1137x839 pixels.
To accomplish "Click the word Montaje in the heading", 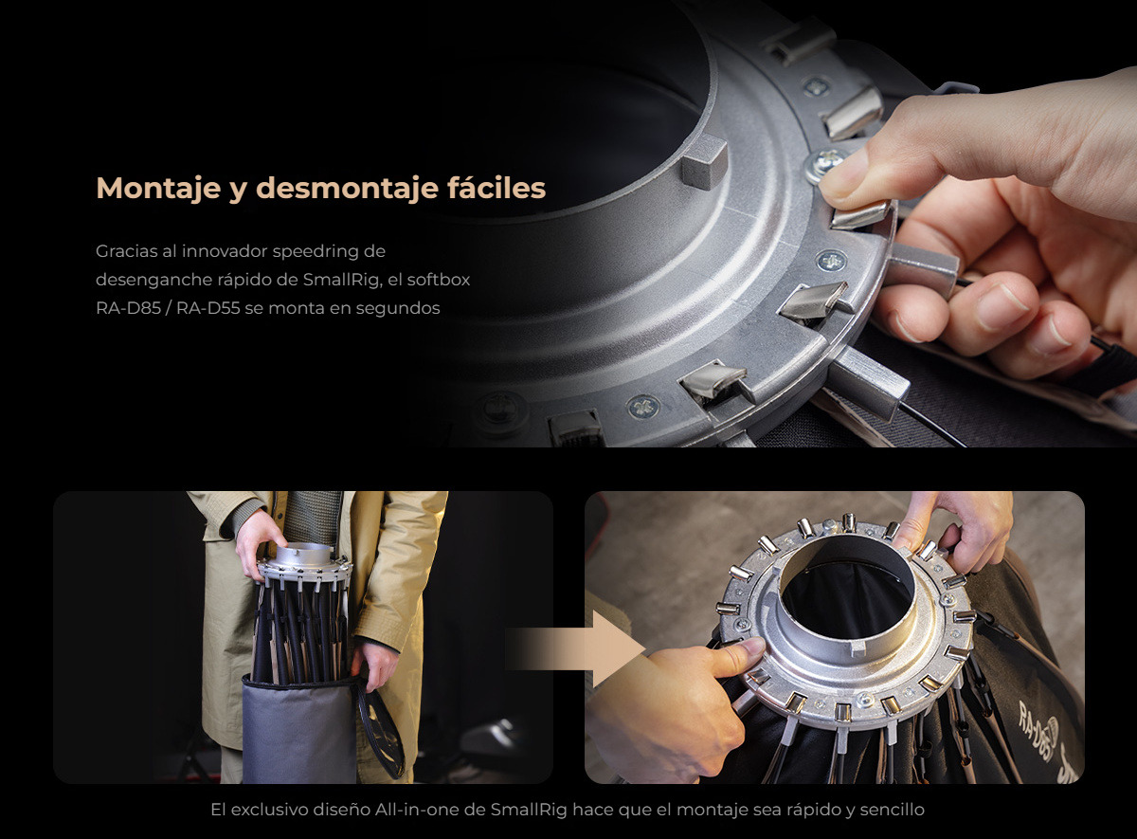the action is [x=158, y=189].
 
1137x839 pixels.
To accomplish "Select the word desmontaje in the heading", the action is [x=347, y=189].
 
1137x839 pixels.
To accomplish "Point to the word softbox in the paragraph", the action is [x=439, y=280].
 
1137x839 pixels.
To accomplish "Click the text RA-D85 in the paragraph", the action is [x=129, y=308].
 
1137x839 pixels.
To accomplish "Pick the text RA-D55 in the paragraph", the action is [x=208, y=308].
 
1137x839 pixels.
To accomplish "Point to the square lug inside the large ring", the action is [x=705, y=161].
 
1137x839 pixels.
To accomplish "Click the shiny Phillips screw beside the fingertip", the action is [x=825, y=163].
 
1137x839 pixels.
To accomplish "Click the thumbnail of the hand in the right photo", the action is [x=752, y=647].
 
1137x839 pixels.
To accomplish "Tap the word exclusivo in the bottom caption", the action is [x=267, y=810].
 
